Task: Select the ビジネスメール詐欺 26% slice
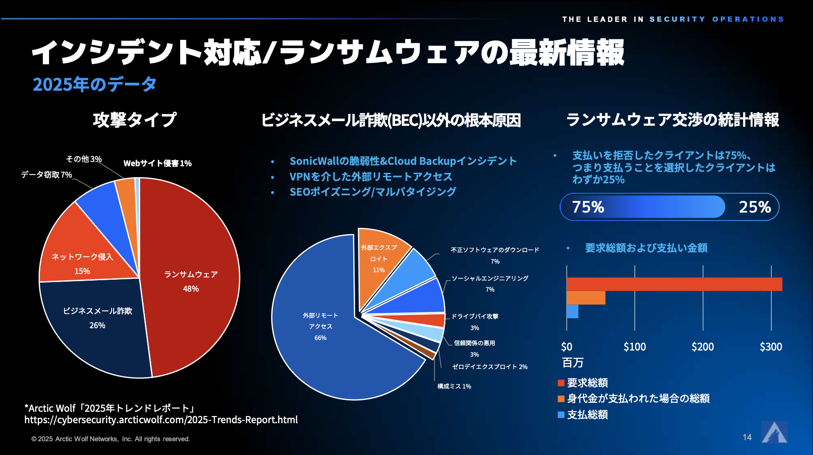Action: coord(97,318)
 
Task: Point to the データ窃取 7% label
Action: coord(47,175)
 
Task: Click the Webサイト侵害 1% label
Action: coord(157,163)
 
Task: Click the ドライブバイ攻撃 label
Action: coord(474,316)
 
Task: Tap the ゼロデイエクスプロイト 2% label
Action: coord(490,367)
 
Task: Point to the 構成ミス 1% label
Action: coord(454,386)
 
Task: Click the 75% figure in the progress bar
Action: coord(588,207)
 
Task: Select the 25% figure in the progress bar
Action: coord(755,207)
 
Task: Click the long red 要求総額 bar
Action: coord(674,284)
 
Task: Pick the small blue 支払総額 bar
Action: coord(572,312)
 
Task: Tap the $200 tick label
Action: coord(703,347)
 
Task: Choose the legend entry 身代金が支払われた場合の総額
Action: coord(638,398)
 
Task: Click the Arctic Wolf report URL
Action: coord(161,420)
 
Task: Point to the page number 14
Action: coord(747,437)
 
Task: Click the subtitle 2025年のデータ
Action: coord(95,85)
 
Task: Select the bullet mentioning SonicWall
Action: coord(403,161)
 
